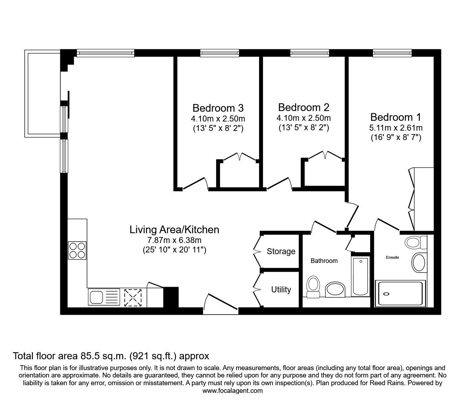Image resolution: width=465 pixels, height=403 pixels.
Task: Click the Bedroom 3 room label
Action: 218,108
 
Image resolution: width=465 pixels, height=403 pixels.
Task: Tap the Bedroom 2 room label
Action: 304,107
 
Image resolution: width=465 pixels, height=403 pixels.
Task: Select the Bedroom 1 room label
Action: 396,117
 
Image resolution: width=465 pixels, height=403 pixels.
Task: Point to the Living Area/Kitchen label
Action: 174,230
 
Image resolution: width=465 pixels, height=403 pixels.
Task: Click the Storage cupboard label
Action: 281,251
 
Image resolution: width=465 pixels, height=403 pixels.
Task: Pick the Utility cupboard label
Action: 281,289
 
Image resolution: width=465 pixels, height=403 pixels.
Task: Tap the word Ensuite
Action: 392,257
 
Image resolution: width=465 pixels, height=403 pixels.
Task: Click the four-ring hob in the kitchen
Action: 77,250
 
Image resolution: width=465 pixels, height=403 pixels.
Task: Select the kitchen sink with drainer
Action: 104,297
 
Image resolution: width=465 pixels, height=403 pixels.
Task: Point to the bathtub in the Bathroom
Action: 361,276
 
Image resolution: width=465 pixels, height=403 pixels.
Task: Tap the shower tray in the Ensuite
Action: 400,293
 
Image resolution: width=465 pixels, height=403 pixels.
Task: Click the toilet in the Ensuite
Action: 416,243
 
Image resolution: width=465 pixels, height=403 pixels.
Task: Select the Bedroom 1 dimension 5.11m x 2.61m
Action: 396,128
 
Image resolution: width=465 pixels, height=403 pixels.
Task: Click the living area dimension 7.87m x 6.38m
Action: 174,240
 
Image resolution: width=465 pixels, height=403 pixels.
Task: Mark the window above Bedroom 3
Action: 220,53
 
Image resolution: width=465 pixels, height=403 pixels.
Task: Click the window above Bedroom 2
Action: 310,53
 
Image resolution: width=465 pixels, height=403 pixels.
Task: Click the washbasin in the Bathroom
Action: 335,289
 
